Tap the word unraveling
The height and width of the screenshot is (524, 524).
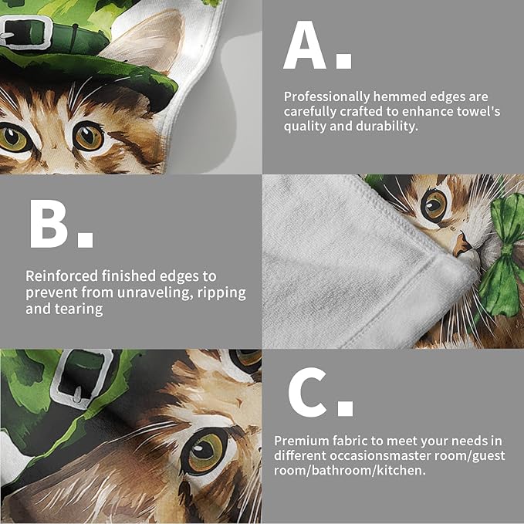coord(135,292)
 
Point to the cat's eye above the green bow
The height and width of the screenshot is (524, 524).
coord(434,204)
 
